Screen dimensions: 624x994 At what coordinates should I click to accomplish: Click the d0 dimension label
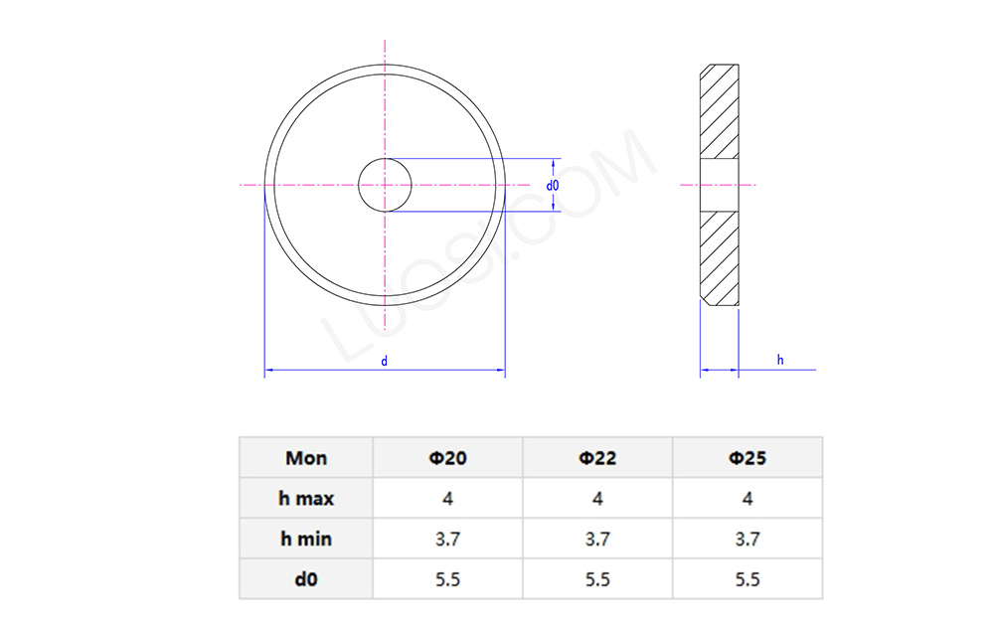point(553,186)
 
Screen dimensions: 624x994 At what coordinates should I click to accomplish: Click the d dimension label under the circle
point(385,362)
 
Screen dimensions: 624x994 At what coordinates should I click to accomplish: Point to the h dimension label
point(780,361)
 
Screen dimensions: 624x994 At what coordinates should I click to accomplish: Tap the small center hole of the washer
point(385,185)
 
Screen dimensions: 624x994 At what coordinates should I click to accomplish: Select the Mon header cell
point(305,458)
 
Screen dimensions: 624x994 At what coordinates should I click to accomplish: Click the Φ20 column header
point(447,458)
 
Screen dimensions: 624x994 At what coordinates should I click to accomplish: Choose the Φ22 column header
point(597,458)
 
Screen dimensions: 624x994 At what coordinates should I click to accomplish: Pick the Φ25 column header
point(747,458)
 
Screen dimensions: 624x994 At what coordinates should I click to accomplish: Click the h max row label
point(305,499)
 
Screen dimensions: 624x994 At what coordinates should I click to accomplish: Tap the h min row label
point(305,540)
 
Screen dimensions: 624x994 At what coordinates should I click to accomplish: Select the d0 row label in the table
point(305,579)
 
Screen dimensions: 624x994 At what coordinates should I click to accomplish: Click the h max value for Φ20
point(447,499)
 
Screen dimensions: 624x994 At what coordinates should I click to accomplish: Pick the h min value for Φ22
point(597,540)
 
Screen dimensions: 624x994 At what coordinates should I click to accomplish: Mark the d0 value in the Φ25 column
point(747,579)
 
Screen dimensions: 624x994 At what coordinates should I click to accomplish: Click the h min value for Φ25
point(747,540)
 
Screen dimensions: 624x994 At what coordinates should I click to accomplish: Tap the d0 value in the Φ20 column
point(447,579)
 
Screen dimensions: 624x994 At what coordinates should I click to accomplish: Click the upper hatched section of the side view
point(719,111)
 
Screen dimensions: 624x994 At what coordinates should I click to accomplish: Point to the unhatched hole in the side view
point(719,185)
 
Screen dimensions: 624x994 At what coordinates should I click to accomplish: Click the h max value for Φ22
point(597,499)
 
